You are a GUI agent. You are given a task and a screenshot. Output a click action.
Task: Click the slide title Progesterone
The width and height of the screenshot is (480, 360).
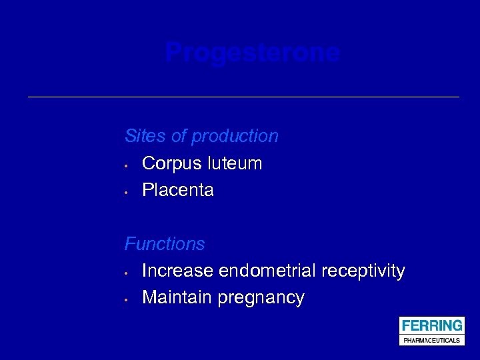point(253,53)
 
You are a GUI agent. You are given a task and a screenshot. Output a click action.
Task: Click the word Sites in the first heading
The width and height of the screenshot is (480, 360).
point(145,136)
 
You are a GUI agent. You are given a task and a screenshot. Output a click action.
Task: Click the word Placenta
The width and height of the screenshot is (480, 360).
point(178,190)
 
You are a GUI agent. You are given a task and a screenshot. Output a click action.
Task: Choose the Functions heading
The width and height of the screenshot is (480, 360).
point(165,244)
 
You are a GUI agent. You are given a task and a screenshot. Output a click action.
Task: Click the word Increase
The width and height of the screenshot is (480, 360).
point(178,271)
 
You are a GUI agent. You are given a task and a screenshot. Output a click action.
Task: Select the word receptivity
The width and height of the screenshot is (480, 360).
point(363,271)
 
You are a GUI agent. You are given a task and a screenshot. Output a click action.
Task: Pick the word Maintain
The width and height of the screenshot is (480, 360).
point(177,297)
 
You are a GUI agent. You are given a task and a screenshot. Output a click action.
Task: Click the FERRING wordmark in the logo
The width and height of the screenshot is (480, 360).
point(431,326)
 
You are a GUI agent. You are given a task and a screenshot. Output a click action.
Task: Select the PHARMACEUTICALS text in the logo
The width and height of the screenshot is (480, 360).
point(431,340)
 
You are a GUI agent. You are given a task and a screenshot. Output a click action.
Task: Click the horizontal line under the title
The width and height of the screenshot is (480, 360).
point(243,97)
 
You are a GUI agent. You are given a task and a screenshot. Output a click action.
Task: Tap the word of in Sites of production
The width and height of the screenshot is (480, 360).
point(179,136)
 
